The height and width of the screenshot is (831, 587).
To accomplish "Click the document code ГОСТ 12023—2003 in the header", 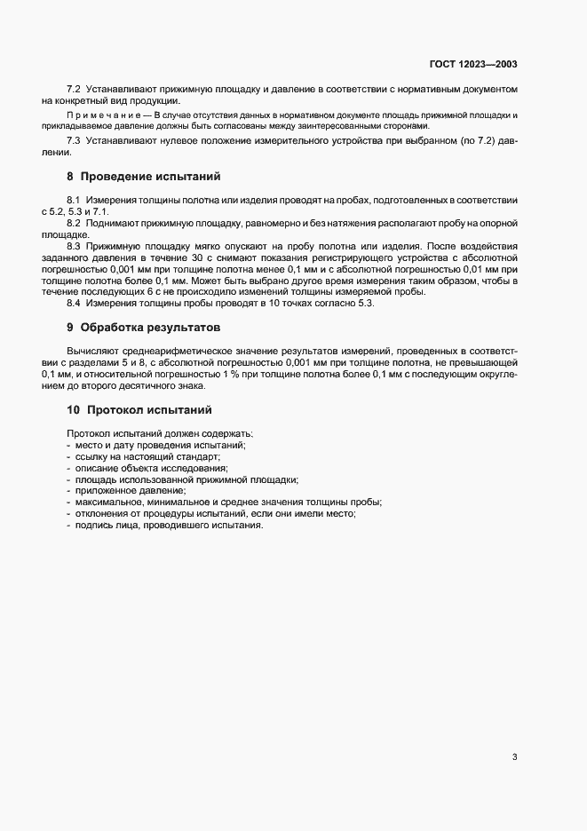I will (473, 65).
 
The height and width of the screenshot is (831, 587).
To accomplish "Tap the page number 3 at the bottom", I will (514, 757).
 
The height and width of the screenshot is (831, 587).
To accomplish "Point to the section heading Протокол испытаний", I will (150, 410).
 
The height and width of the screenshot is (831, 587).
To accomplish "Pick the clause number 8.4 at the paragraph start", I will (74, 303).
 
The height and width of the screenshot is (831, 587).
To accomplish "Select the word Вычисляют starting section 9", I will (91, 352).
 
